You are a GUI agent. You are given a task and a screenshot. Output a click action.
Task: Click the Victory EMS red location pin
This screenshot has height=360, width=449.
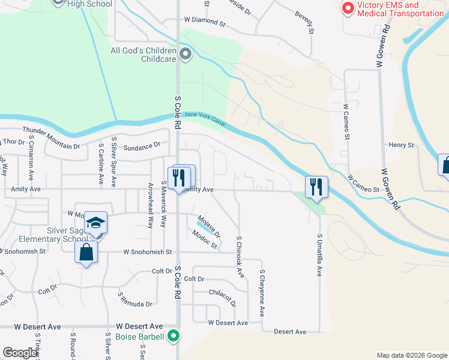347,8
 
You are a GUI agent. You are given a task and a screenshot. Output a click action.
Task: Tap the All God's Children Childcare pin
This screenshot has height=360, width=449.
185,55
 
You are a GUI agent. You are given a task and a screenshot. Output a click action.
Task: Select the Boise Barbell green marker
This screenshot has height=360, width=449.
173,336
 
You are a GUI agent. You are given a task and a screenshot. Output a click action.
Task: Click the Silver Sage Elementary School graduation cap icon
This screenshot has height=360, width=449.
95,224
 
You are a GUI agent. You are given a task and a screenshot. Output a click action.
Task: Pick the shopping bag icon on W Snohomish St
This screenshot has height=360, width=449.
86,253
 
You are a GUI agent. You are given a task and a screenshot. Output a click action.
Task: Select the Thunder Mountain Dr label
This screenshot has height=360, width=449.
51,139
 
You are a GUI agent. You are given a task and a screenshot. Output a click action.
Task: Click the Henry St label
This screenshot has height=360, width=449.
402,145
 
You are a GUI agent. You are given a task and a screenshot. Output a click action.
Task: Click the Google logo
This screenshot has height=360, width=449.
20,353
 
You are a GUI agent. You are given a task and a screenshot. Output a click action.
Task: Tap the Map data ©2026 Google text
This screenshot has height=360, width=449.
412,355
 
